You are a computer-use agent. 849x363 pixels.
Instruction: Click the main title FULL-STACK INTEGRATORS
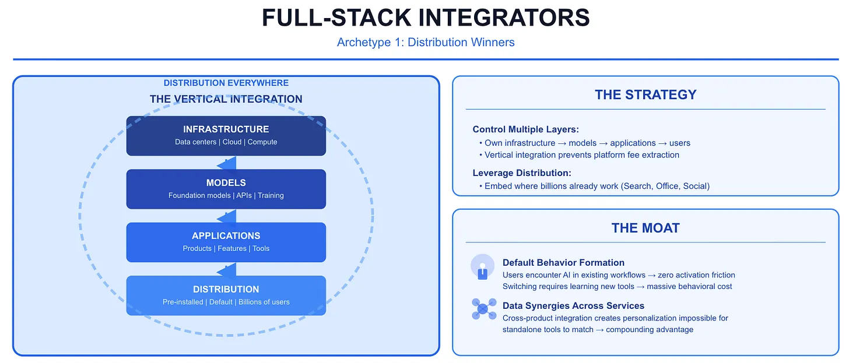coord(425,17)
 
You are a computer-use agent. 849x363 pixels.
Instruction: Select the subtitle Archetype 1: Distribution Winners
coord(425,42)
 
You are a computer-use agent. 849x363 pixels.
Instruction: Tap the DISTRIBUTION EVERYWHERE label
coord(226,83)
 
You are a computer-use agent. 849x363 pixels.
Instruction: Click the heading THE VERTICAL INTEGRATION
coord(226,99)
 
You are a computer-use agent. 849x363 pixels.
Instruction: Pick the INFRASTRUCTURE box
coord(226,135)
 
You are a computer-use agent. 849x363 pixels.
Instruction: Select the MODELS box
coord(226,189)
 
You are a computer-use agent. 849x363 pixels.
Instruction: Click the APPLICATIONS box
coord(226,242)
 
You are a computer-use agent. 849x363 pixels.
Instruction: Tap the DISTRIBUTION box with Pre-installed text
coord(226,295)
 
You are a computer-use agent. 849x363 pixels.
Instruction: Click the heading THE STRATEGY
coord(645,94)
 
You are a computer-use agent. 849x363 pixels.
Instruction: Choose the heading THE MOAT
coord(645,228)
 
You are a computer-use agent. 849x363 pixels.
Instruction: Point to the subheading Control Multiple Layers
coord(525,129)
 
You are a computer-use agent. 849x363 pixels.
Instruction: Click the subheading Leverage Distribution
coord(521,173)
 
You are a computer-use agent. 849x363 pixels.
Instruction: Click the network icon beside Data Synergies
coord(483,309)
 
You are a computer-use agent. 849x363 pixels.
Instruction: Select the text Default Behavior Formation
coord(563,263)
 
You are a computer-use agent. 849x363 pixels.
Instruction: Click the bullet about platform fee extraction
coord(582,155)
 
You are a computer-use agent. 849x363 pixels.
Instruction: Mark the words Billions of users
coord(264,302)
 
